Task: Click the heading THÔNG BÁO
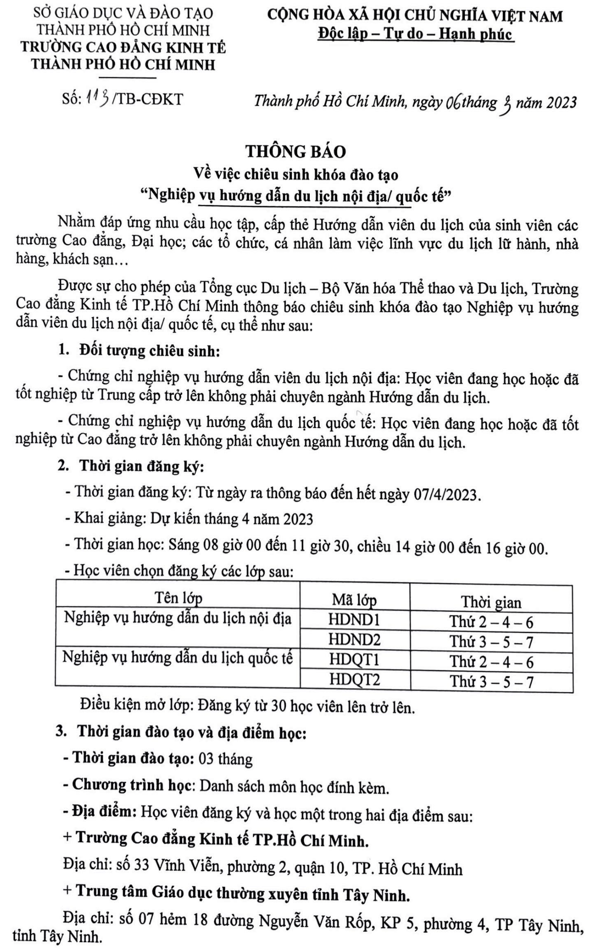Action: point(296,151)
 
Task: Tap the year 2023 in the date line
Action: point(561,103)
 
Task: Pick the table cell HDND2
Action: point(354,639)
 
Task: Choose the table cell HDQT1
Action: point(354,659)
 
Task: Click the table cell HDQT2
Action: point(354,679)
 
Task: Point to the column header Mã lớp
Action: point(354,600)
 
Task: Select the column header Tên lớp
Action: point(178,598)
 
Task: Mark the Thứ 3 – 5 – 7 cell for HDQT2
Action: point(491,682)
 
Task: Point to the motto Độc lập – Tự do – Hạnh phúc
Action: point(415,34)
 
